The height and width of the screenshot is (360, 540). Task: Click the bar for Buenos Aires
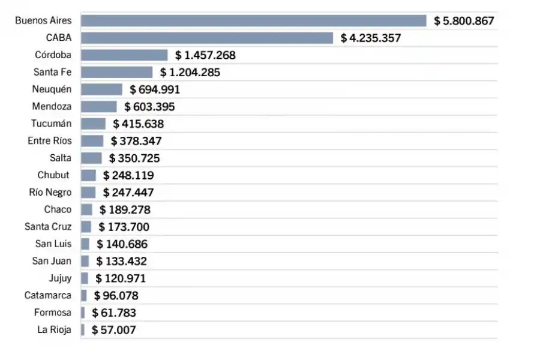253,21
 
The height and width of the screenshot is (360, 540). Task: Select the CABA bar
206,38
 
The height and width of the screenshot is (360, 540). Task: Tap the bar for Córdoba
124,55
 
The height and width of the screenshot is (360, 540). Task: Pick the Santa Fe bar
116,72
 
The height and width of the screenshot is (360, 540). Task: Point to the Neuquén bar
101,89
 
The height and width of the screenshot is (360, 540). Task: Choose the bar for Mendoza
98,107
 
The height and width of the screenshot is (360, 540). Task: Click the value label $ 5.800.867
464,21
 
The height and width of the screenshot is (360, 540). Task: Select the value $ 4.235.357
371,38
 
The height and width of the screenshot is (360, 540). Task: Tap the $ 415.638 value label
136,124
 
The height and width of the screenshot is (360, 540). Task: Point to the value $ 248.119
128,176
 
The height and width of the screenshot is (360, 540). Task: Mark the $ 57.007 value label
114,330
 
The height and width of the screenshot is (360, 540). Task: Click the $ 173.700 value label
124,227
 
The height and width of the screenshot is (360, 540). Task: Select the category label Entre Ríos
50,141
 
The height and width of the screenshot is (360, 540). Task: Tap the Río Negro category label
50,193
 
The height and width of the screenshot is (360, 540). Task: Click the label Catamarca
47,295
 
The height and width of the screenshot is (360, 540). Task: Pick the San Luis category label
53,244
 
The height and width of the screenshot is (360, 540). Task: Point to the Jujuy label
60,278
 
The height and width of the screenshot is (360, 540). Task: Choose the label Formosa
53,313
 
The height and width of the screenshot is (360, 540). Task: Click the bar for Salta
91,158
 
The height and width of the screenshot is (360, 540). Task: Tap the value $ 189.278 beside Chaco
125,210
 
